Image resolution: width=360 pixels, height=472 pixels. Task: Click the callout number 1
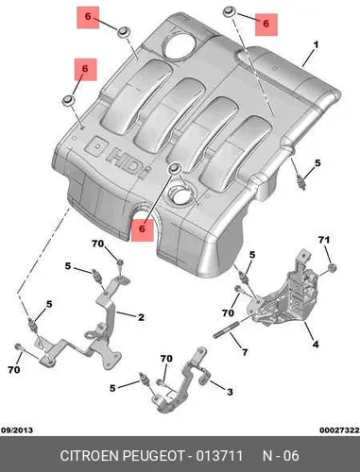tap(316, 45)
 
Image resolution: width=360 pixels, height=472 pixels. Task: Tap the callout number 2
tap(141, 317)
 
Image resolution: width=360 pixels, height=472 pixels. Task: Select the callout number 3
tap(230, 392)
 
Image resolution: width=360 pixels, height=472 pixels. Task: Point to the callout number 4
tap(316, 344)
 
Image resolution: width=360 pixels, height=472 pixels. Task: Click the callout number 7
tap(245, 352)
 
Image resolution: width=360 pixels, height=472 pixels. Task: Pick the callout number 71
tap(324, 240)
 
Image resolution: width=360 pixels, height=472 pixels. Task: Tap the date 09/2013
tap(17, 430)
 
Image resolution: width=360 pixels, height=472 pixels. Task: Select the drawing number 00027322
tap(339, 430)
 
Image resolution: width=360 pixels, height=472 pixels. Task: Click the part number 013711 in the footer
tap(219, 456)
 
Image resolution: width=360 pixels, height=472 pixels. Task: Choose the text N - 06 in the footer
tap(281, 456)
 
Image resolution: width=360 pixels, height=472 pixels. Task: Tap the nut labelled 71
tap(332, 268)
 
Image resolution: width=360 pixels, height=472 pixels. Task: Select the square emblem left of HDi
tap(96, 146)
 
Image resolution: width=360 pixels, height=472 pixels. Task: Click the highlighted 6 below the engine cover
tap(142, 229)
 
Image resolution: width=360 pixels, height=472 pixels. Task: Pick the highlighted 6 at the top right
tap(266, 25)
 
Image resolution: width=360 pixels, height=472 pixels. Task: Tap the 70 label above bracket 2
tap(97, 244)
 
